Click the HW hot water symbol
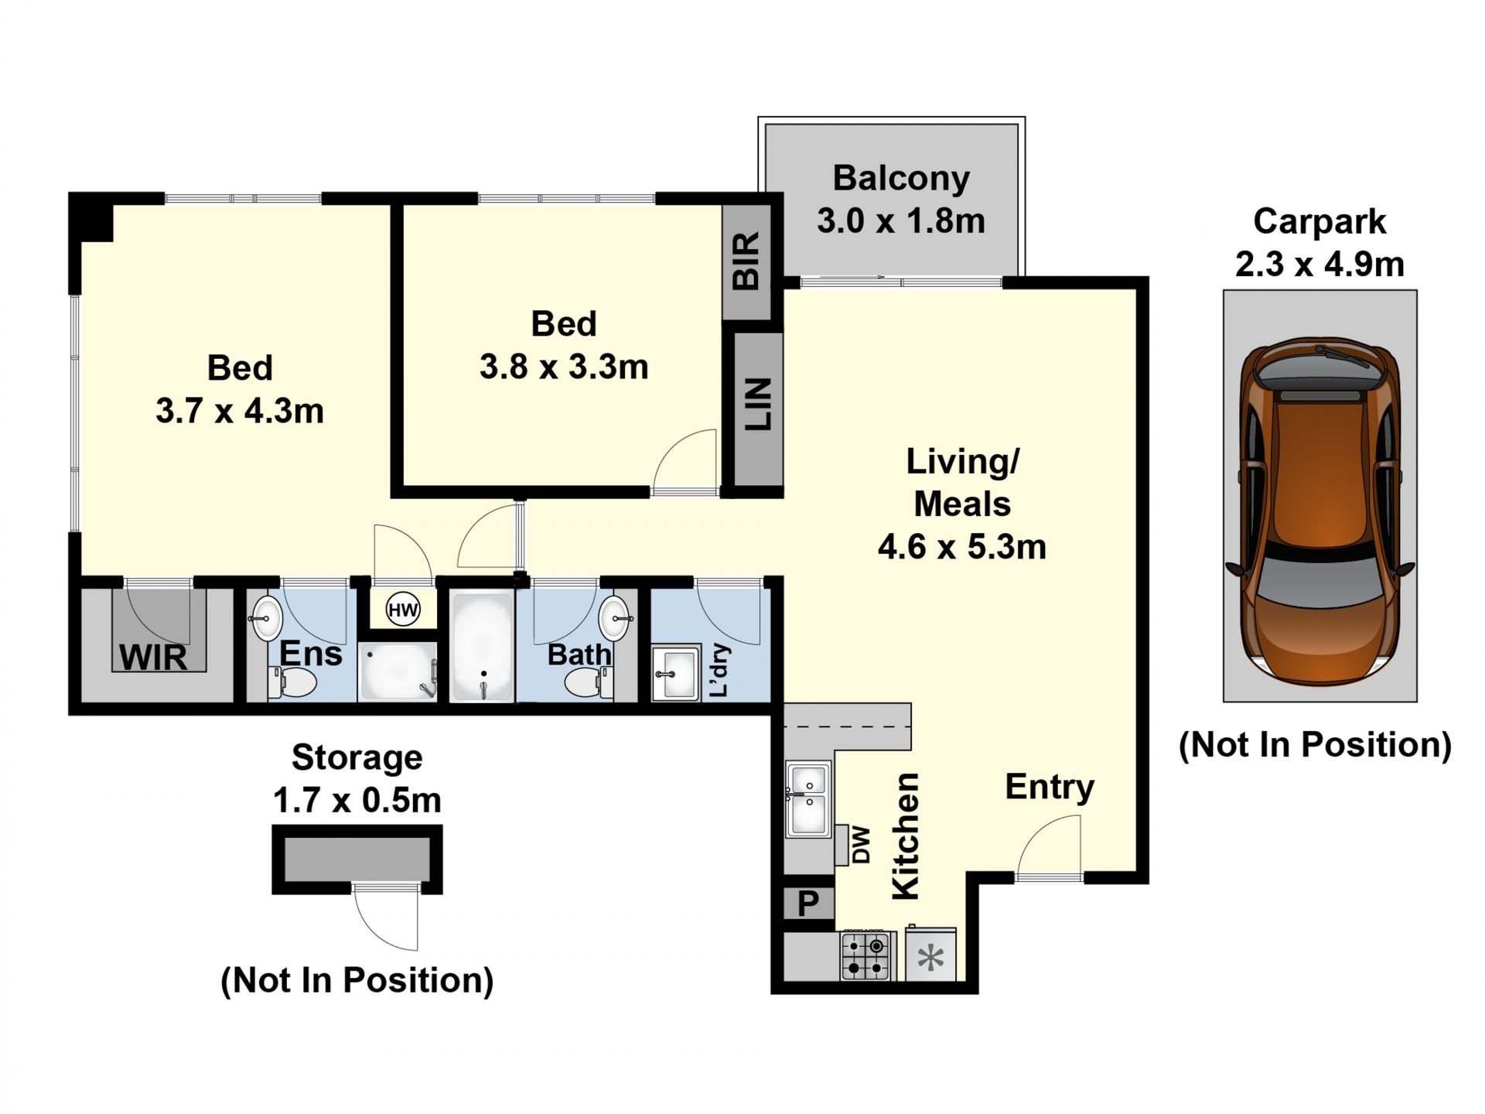click(403, 610)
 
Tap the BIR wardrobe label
click(746, 261)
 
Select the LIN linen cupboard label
click(758, 404)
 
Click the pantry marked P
click(807, 903)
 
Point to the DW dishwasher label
click(861, 845)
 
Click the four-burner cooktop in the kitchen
click(865, 956)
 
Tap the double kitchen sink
click(808, 799)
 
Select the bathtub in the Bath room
click(482, 647)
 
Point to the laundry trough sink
click(675, 674)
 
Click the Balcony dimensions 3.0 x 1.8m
click(901, 221)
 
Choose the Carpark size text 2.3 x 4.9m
click(1319, 265)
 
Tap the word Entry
click(1050, 788)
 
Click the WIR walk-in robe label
click(153, 658)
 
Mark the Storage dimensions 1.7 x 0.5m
click(357, 800)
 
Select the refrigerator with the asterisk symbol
click(930, 955)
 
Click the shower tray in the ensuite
click(398, 671)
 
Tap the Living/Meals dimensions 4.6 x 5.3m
click(962, 547)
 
